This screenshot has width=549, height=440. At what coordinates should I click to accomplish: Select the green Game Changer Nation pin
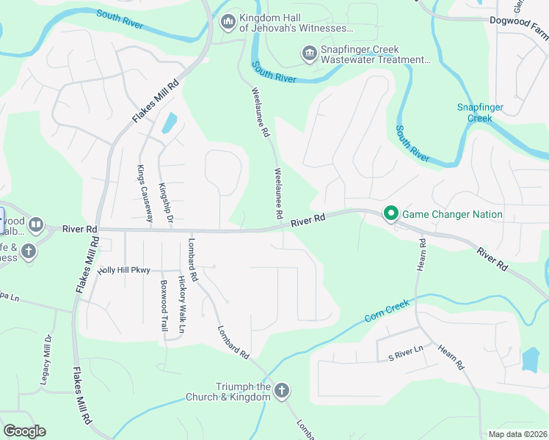[x=390, y=214]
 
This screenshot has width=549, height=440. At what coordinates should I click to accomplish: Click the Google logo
[x=24, y=431]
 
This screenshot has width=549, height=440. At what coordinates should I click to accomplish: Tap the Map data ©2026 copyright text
[x=518, y=434]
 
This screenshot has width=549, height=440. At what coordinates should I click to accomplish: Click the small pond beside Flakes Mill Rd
[x=169, y=123]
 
